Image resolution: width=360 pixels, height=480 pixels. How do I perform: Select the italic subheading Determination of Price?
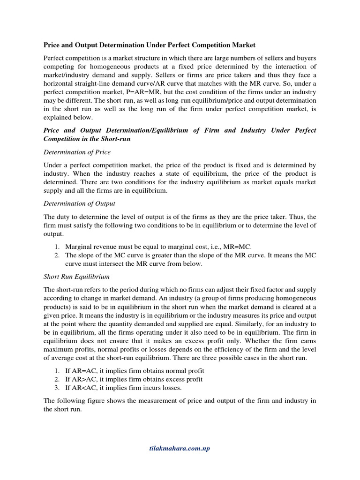click(77, 152)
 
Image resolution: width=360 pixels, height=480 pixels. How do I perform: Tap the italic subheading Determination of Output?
click(79, 203)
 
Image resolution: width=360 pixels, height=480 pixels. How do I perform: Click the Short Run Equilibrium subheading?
click(76, 277)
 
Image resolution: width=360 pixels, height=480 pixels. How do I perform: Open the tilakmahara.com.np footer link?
click(180, 449)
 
